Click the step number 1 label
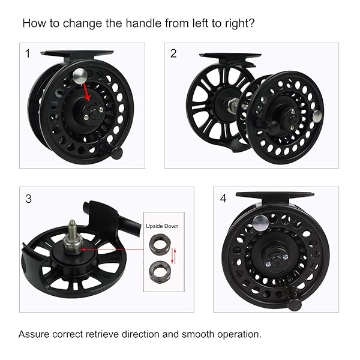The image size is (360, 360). (x=28, y=53)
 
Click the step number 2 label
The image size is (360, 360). (x=173, y=53)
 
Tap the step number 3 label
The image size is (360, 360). (x=28, y=199)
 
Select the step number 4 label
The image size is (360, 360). (x=223, y=199)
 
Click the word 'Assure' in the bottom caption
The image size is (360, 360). (x=34, y=334)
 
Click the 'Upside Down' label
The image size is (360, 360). (x=162, y=226)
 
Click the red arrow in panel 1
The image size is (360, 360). (x=87, y=92)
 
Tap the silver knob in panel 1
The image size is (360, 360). (x=80, y=76)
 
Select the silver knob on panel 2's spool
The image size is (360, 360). (x=317, y=116)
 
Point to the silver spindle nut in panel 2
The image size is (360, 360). (x=233, y=104)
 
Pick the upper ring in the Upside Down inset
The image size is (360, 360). (x=160, y=243)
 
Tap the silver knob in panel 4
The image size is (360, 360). (x=260, y=223)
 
